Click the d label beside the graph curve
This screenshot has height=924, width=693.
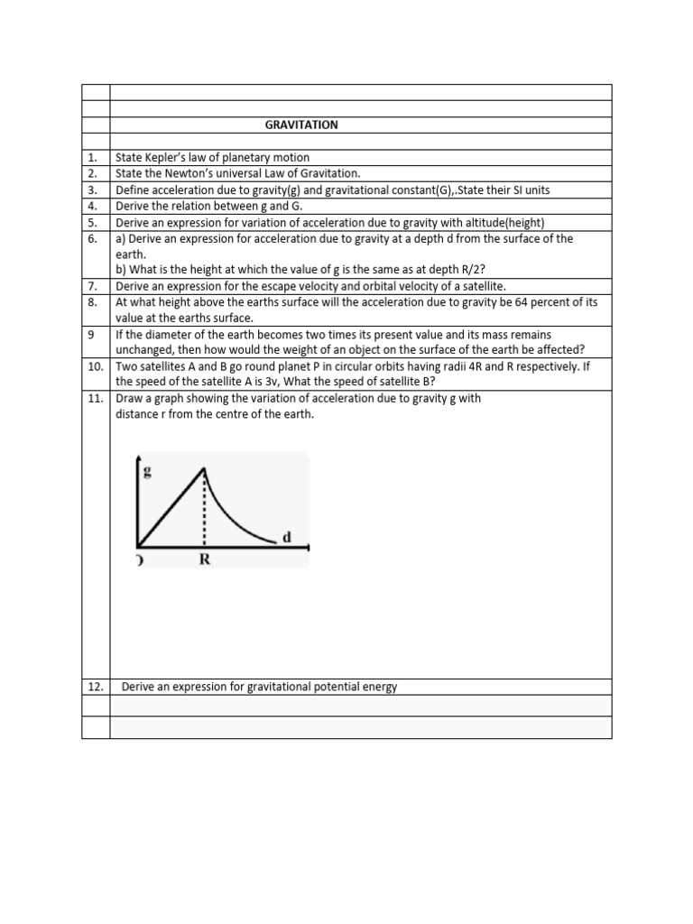tap(287, 537)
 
